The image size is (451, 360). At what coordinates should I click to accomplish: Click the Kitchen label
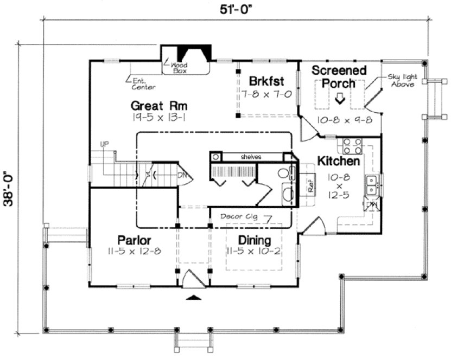coord(338,161)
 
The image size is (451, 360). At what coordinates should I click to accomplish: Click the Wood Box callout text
coord(180,67)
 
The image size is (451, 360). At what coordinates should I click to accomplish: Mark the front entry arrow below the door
coord(194,297)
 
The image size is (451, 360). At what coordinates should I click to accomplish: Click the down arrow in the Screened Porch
coord(340,99)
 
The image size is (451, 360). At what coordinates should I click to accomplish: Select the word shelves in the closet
coord(251,157)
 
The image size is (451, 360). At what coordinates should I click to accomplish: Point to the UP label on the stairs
coord(105,144)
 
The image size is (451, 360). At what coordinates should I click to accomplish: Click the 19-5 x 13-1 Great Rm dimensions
coord(158,117)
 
